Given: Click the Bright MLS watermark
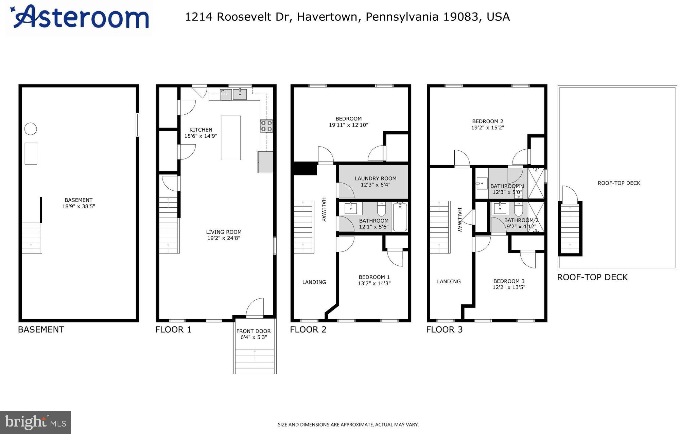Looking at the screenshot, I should (x=35, y=422).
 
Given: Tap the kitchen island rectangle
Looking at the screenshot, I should (x=231, y=137).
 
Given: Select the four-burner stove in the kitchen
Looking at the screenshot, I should (x=266, y=126).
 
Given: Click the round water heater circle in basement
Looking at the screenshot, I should (x=31, y=129).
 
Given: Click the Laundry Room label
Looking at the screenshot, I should (x=376, y=178).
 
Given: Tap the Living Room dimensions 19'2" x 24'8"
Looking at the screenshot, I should (x=224, y=238).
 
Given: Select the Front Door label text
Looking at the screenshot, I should (x=254, y=331).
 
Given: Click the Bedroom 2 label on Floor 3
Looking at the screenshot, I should (x=487, y=121).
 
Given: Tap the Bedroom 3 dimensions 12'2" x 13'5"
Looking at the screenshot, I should (x=509, y=287).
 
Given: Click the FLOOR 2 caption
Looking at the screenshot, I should (x=308, y=329).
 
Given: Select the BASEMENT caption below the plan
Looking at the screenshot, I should (x=41, y=329).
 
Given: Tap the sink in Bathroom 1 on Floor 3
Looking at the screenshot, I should (x=482, y=184).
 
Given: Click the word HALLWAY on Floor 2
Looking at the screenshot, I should (x=324, y=209).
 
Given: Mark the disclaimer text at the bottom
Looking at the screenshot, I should (x=348, y=424).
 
